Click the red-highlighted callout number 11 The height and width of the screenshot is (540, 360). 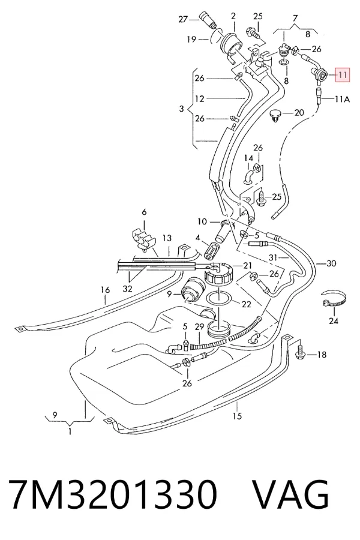coord(343,75)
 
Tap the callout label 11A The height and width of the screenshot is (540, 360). coord(342,99)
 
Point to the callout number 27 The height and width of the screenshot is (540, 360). coord(183,19)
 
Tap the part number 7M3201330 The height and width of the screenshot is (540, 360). coord(112,494)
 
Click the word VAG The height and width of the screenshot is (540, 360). coord(290,494)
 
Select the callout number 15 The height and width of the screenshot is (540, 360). coord(237,416)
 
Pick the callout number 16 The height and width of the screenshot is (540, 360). coord(105,290)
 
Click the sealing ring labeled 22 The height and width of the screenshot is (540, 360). coord(218,298)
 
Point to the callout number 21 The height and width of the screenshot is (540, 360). coord(247,266)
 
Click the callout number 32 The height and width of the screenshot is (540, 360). coord(127,288)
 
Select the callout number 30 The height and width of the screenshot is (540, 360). coord(331,263)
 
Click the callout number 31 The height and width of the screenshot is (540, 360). coord(273,257)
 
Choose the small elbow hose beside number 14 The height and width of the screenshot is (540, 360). coord(248,174)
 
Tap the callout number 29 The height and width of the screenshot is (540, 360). coord(199,326)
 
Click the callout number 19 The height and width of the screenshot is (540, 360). coord(191,40)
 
